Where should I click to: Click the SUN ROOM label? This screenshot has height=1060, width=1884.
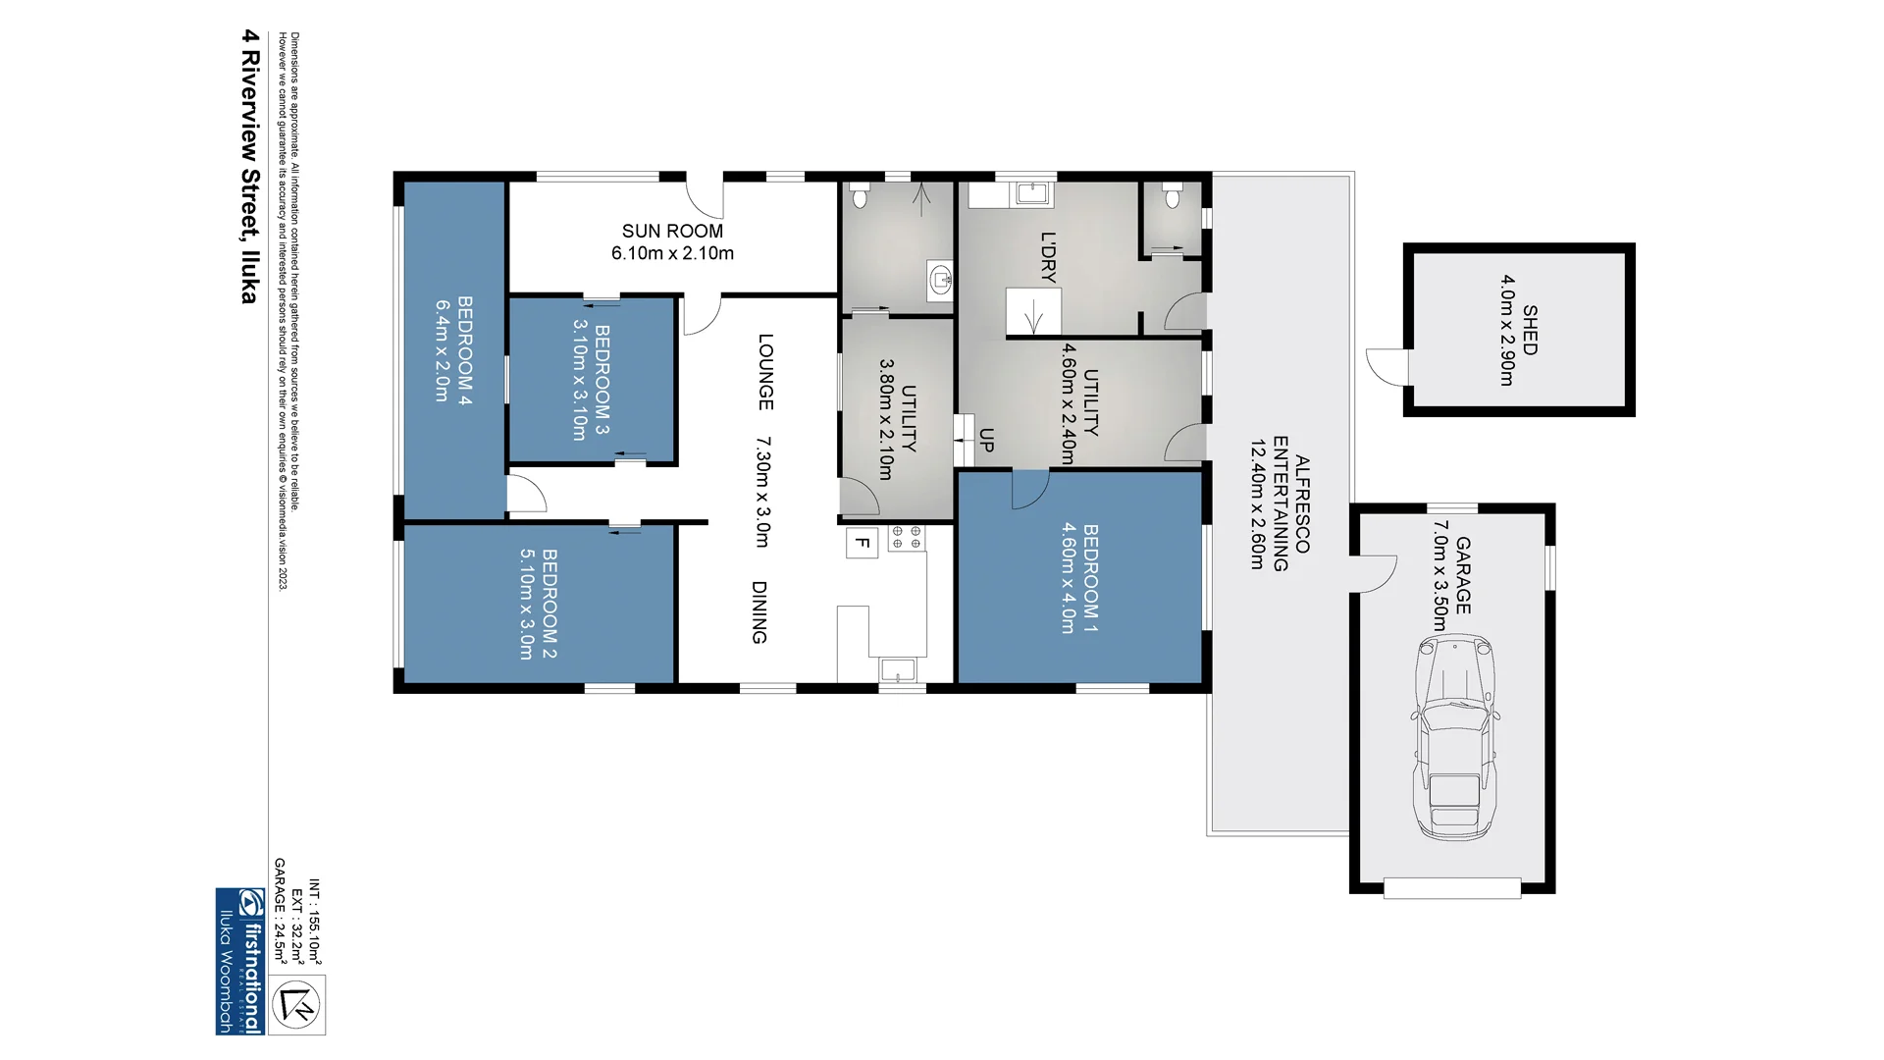pos(672,231)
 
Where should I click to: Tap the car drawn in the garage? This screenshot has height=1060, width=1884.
pos(1455,736)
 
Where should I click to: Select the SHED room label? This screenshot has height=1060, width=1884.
pos(1530,330)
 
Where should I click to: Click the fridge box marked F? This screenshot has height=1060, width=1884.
pos(862,542)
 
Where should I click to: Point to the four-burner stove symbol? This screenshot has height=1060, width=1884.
pos(906,537)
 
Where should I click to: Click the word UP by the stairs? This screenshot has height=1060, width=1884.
pos(986,441)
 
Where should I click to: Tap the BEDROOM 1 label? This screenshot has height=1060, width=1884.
pos(1090,578)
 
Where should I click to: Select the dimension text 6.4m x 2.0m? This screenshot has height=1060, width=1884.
pos(442,350)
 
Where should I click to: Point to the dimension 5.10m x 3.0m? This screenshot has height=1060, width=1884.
pos(526,604)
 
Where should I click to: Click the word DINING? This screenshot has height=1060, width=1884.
pos(759,612)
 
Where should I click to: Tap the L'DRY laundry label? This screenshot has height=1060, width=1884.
pos(1048,257)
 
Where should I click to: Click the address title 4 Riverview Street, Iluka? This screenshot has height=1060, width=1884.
pos(250,166)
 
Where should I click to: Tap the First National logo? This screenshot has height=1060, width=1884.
pos(240,961)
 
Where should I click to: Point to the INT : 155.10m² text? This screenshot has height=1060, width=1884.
pos(315,922)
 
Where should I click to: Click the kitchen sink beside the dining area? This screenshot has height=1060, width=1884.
pos(898,670)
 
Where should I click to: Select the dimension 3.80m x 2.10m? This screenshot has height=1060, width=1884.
pos(885,418)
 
